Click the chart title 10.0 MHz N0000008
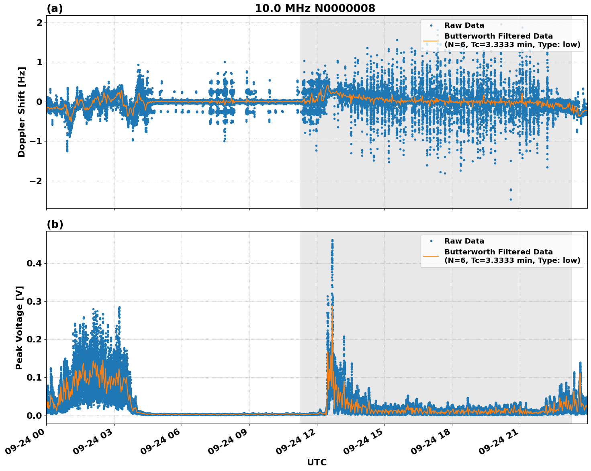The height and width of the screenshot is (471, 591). [x=315, y=8]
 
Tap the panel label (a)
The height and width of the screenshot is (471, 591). [x=55, y=8]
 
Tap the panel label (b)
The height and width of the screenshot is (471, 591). [x=55, y=224]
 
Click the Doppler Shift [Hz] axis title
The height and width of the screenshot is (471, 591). [x=22, y=112]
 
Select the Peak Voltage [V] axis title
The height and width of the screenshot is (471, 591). [x=19, y=328]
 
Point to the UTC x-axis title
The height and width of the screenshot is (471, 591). [x=317, y=462]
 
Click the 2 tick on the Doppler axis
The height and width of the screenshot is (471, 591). [x=39, y=23]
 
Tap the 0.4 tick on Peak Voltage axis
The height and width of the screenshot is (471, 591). [x=34, y=264]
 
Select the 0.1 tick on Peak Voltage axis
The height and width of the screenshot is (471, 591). [x=34, y=377]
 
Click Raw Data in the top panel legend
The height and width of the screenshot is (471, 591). [x=464, y=25]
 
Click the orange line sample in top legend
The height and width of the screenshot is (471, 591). [x=431, y=40]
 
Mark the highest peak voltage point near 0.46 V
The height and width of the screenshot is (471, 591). [x=332, y=240]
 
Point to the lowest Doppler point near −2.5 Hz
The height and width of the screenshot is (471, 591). [x=511, y=199]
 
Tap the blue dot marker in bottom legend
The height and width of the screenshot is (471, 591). [x=431, y=241]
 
